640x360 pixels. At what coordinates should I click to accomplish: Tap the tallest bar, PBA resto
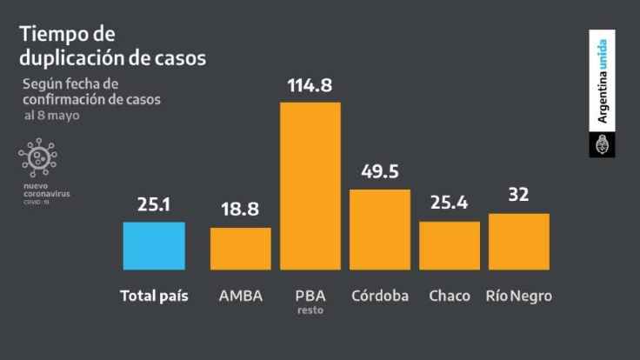(x=310, y=184)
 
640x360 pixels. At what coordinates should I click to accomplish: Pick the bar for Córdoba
(x=380, y=228)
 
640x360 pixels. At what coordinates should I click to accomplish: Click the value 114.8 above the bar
(x=310, y=86)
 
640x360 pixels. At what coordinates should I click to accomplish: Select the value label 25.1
(x=154, y=206)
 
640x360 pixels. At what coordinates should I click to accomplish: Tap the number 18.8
(x=241, y=212)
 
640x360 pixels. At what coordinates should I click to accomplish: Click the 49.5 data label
(x=380, y=172)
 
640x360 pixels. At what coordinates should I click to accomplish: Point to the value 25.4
(x=450, y=206)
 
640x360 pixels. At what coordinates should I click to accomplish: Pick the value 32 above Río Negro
(x=519, y=197)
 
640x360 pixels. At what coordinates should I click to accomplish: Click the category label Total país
(x=154, y=296)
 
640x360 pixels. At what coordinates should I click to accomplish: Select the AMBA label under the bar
(x=241, y=296)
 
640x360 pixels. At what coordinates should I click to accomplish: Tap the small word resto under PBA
(x=310, y=309)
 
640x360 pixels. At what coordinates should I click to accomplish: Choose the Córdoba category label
(x=380, y=296)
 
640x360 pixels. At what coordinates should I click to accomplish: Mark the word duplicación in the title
(x=66, y=60)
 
